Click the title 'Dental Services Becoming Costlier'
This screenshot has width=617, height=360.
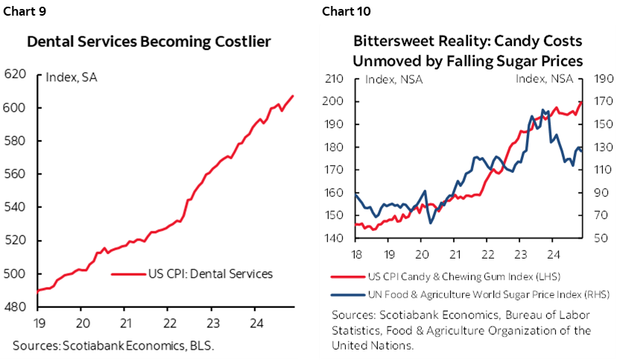click(x=148, y=42)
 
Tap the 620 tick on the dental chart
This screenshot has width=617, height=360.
click(x=15, y=75)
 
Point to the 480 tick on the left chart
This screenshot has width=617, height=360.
click(x=15, y=306)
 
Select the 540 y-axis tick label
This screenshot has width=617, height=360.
click(x=15, y=207)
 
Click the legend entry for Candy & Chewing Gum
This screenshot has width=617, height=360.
click(x=466, y=277)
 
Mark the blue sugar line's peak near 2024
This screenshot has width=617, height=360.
click(x=542, y=110)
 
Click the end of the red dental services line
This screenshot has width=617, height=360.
click(x=293, y=95)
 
